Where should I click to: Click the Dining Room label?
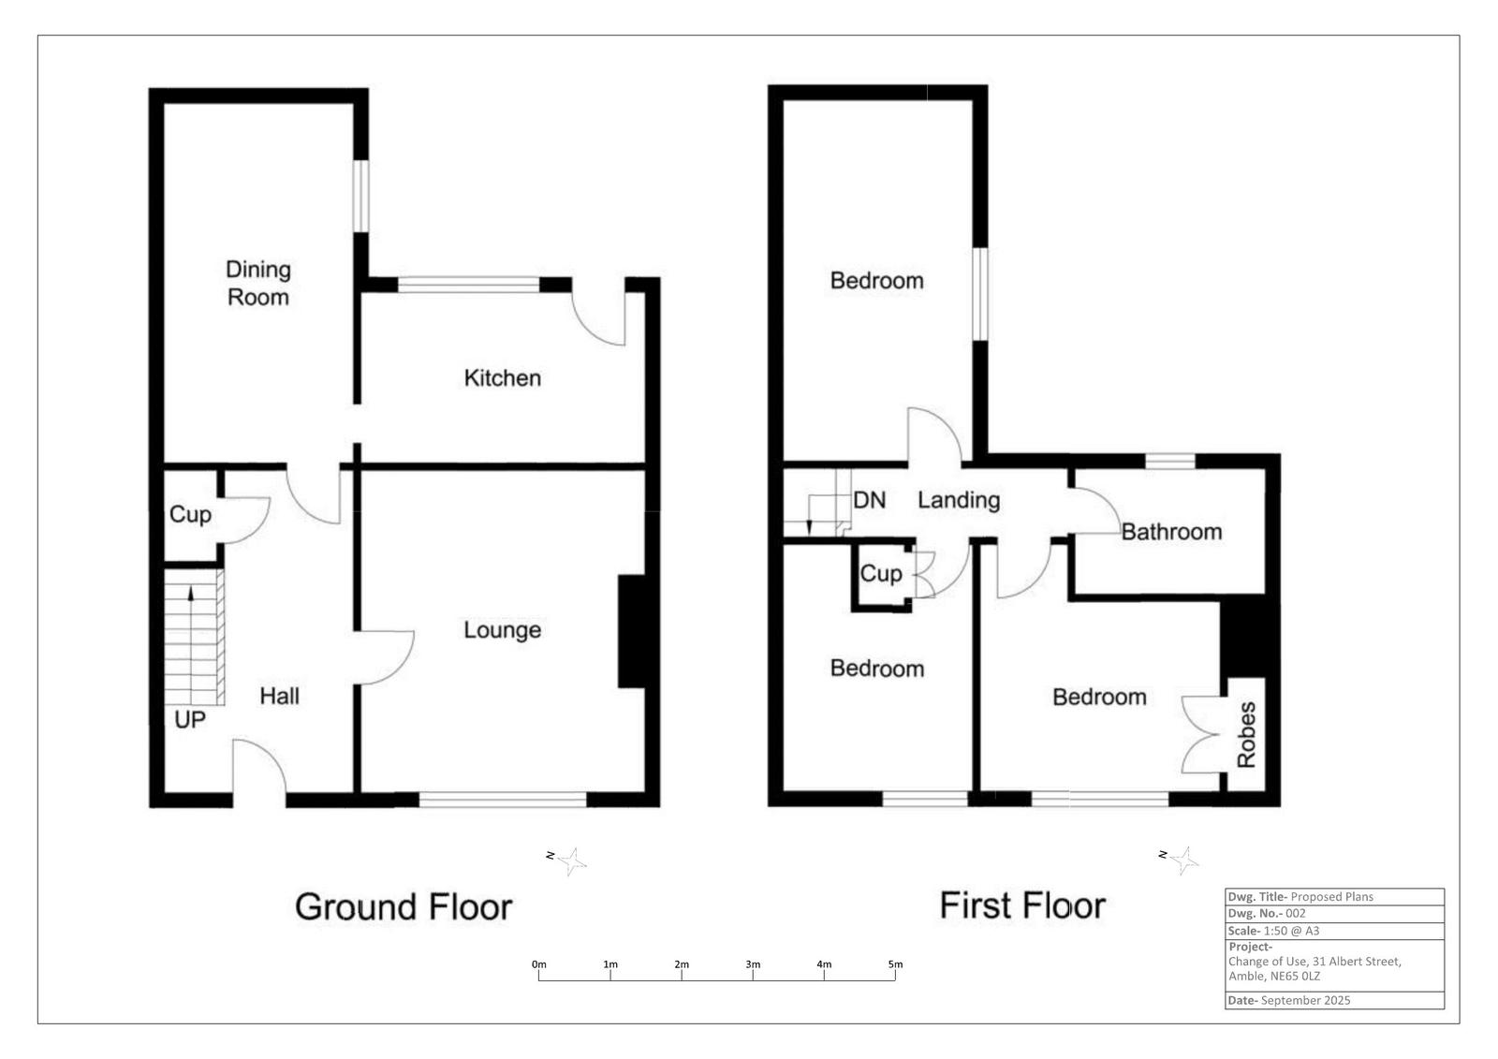pos(258,283)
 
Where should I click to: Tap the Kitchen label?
pos(503,378)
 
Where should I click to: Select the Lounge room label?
pos(503,630)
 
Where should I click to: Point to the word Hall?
pos(279,696)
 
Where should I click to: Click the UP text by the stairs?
pos(190,719)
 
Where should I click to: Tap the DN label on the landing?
pos(869,500)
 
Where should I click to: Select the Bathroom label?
pos(1171,532)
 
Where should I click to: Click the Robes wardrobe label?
pos(1246,735)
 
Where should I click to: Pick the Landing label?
pos(958,500)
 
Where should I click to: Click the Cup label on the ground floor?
pos(190,514)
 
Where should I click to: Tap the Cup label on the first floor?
pos(880,573)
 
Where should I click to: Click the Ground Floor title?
pos(404,906)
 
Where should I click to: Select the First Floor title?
pos(1022,905)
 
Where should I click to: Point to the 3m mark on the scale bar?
pos(753,964)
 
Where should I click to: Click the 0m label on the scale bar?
pos(538,964)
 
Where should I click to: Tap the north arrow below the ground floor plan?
pos(570,861)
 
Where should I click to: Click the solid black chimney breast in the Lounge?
pos(632,632)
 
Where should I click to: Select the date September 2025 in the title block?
pos(1305,1000)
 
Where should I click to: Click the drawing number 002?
pos(1296,913)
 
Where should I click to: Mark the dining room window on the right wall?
pos(360,196)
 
